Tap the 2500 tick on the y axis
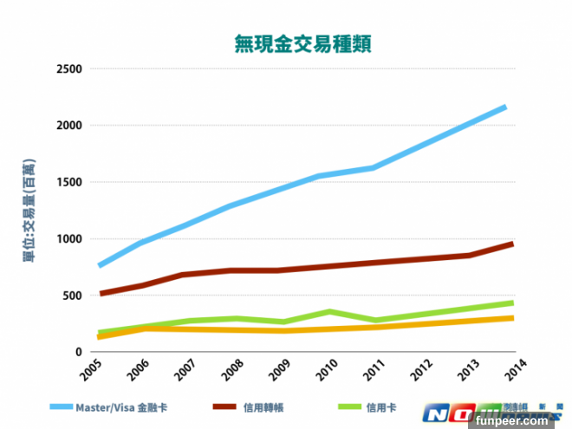tap(68, 69)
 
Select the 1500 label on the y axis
tap(68, 183)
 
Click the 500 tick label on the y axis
tap(72, 296)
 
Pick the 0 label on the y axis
tap(78, 352)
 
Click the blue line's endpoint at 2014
tap(505, 107)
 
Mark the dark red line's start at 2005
tap(101, 294)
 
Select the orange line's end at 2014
tap(511, 318)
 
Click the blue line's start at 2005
tap(101, 265)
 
